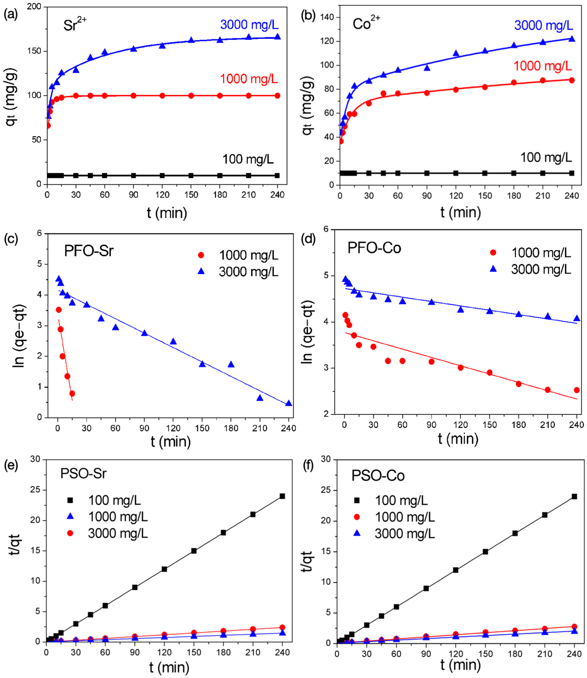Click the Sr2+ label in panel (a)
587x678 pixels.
pyautogui.click(x=75, y=24)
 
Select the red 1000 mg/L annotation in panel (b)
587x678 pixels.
pyautogui.click(x=542, y=66)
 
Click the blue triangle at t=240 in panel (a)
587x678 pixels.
pyautogui.click(x=277, y=36)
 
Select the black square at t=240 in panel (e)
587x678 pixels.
pyautogui.click(x=282, y=496)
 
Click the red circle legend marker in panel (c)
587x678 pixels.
pyautogui.click(x=201, y=255)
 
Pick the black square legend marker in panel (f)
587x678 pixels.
pyautogui.click(x=357, y=500)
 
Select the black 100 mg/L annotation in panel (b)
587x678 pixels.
pyautogui.click(x=546, y=158)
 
